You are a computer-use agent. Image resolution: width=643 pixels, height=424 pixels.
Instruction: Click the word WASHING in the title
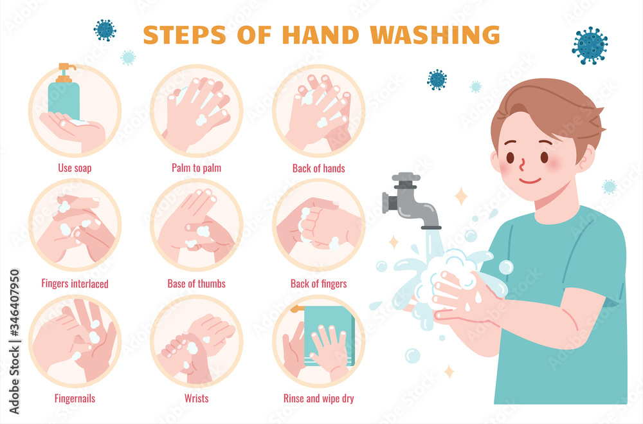coord(435,35)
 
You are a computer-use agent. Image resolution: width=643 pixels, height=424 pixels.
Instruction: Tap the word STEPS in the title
coord(185,35)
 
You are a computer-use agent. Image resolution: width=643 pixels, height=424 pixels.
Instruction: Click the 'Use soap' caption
coord(75,168)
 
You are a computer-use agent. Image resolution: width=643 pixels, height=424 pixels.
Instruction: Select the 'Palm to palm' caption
coord(196,168)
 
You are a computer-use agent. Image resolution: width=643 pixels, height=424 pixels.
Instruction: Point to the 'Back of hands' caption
coord(319,169)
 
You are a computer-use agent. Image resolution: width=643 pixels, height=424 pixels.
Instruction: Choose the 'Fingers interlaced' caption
coord(75,284)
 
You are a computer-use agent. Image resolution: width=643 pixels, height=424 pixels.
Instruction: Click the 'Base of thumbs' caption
coord(196,284)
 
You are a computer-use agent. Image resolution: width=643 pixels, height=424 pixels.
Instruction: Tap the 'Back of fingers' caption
coord(319,284)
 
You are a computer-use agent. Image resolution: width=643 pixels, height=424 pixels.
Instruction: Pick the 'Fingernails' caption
coord(75,398)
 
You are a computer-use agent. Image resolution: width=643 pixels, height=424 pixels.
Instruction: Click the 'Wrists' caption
coord(196,398)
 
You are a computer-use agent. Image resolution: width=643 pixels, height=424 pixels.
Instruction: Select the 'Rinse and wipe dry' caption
coord(319,398)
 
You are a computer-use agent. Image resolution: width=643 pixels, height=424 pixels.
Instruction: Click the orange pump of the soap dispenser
coord(66,73)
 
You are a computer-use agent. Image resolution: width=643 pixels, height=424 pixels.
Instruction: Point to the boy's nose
coord(522,164)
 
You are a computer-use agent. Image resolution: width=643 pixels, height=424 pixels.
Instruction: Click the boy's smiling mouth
coord(530,181)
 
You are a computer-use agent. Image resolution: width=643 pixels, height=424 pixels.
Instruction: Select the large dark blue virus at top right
coord(590,46)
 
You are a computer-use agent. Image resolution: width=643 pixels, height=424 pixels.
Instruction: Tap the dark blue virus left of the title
coord(105,30)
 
